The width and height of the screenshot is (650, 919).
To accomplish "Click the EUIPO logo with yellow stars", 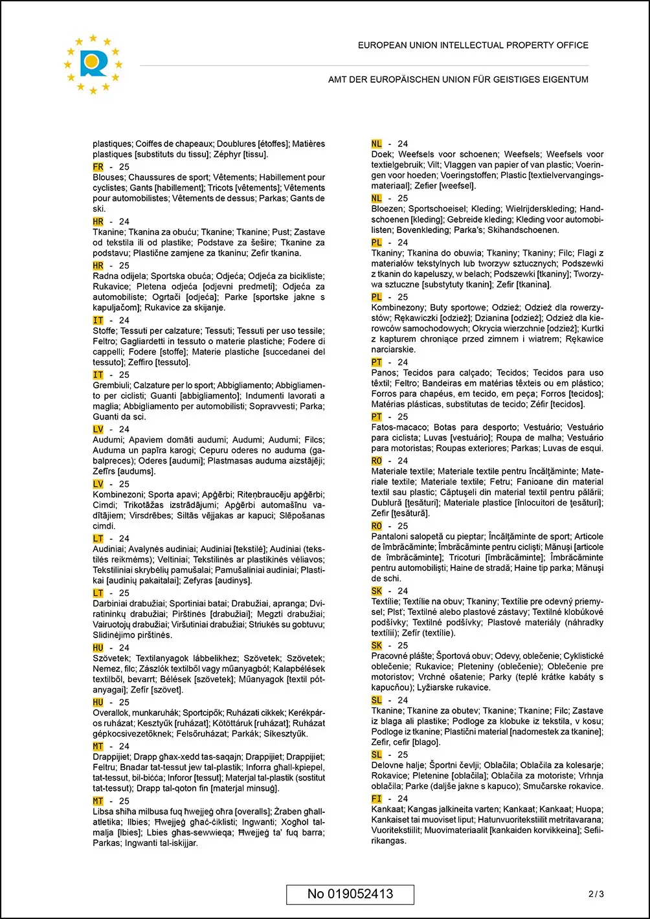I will pyautogui.click(x=93, y=63).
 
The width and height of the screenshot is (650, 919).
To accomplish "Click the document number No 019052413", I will pyautogui.click(x=350, y=894).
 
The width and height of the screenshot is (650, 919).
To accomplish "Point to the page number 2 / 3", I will pyautogui.click(x=596, y=894).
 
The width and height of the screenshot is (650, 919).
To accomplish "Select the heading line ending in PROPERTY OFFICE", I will pyautogui.click(x=473, y=45).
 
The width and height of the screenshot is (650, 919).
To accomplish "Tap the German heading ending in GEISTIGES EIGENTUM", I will pyautogui.click(x=458, y=80).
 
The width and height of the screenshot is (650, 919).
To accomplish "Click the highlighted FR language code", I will pyautogui.click(x=98, y=167).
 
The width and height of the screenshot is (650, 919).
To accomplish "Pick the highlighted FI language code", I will pyautogui.click(x=377, y=799).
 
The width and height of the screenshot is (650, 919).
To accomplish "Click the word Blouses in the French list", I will pyautogui.click(x=108, y=177).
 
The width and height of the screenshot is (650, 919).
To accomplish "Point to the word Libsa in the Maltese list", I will pyautogui.click(x=103, y=812).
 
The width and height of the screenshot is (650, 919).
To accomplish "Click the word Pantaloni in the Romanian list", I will pyautogui.click(x=391, y=537).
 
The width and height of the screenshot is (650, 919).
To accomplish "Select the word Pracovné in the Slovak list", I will pyautogui.click(x=390, y=656).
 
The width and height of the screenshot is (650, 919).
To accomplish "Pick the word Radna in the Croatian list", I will pyautogui.click(x=105, y=276).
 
